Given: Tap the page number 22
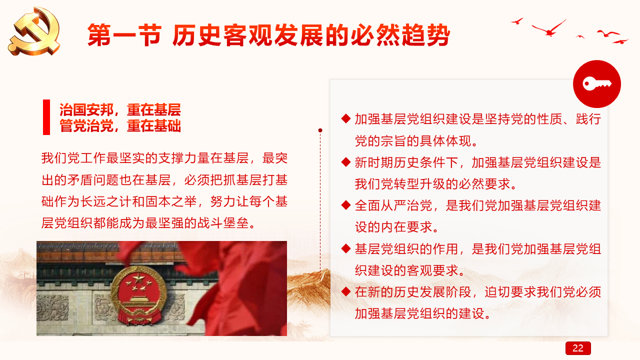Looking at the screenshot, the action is click(x=577, y=348).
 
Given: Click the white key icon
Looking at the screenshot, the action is click(x=597, y=83).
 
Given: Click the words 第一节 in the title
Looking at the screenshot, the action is click(x=124, y=35).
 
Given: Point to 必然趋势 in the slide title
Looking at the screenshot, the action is click(x=400, y=35).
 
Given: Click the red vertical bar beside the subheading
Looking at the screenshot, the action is click(x=46, y=117).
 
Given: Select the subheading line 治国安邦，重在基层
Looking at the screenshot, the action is click(x=120, y=109).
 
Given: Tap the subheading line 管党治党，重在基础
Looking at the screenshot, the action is click(x=120, y=125).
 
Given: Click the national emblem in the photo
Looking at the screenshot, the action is click(x=138, y=295).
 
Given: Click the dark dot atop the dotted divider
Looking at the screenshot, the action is click(x=320, y=130).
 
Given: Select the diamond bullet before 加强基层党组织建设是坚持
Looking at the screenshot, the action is click(x=345, y=118).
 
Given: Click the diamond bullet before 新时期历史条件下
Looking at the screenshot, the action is click(x=345, y=162).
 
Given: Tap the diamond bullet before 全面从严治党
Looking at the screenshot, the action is click(x=345, y=205).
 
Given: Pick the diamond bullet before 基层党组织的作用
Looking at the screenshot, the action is click(x=345, y=248).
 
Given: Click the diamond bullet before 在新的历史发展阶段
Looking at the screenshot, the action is click(x=345, y=291).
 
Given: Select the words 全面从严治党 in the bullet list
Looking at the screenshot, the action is click(x=393, y=205).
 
